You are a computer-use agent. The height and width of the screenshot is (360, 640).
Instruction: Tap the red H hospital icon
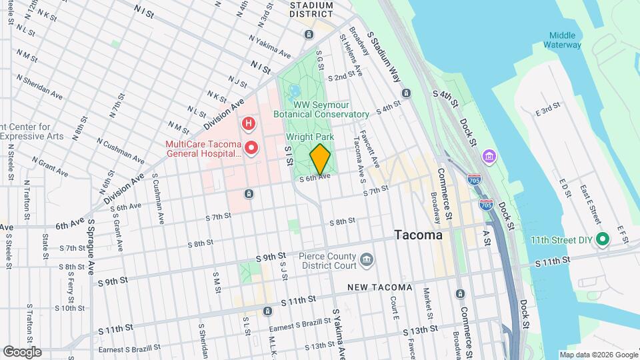(x=249, y=123)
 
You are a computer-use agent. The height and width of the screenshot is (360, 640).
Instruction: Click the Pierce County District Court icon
(x=366, y=259)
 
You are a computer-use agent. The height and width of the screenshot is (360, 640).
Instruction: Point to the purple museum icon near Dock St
(x=490, y=156)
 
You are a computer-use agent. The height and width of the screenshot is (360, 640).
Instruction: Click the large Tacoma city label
(x=418, y=235)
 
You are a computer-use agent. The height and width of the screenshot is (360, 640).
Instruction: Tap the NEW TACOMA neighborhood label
(x=379, y=287)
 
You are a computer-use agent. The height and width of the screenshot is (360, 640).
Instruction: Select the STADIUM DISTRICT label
(x=311, y=9)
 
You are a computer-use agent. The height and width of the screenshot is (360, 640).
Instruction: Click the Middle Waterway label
(x=565, y=40)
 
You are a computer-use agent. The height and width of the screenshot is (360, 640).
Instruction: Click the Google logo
(x=22, y=351)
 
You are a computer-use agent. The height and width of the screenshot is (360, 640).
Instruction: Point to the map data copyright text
(x=598, y=355)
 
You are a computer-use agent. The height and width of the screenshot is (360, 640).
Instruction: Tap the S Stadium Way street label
(x=387, y=59)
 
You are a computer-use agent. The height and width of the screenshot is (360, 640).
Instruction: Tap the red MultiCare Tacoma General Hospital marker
(x=251, y=147)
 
